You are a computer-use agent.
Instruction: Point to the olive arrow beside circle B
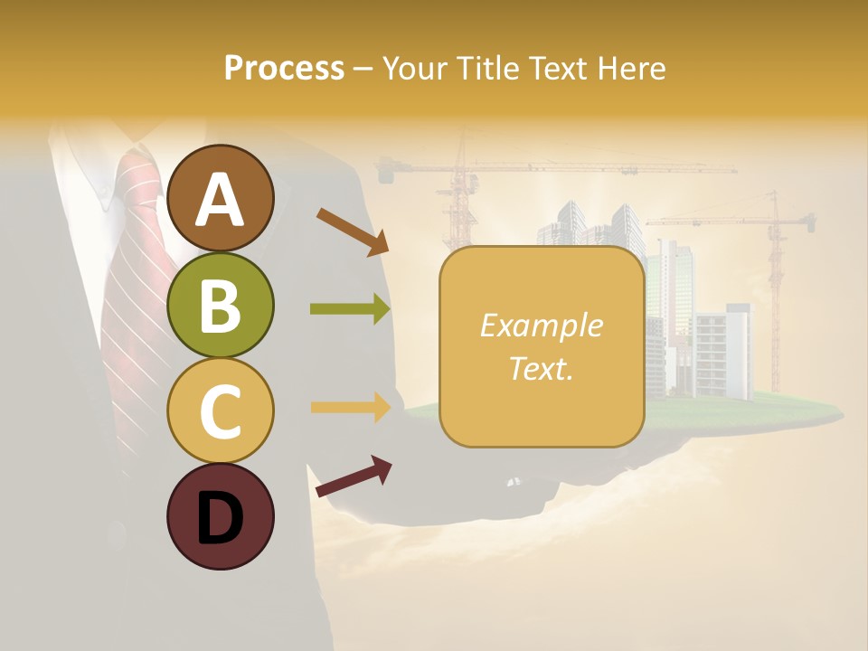pyautogui.click(x=350, y=310)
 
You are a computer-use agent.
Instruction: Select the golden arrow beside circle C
pyautogui.click(x=350, y=407)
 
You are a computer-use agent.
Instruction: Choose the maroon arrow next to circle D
pyautogui.click(x=354, y=476)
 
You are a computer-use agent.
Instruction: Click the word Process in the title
pyautogui.click(x=284, y=69)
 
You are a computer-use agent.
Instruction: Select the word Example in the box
pyautogui.click(x=541, y=325)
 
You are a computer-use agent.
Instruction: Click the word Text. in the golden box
pyautogui.click(x=541, y=368)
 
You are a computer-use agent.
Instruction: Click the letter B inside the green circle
pyautogui.click(x=221, y=306)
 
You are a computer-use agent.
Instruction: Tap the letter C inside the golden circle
pyautogui.click(x=221, y=411)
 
